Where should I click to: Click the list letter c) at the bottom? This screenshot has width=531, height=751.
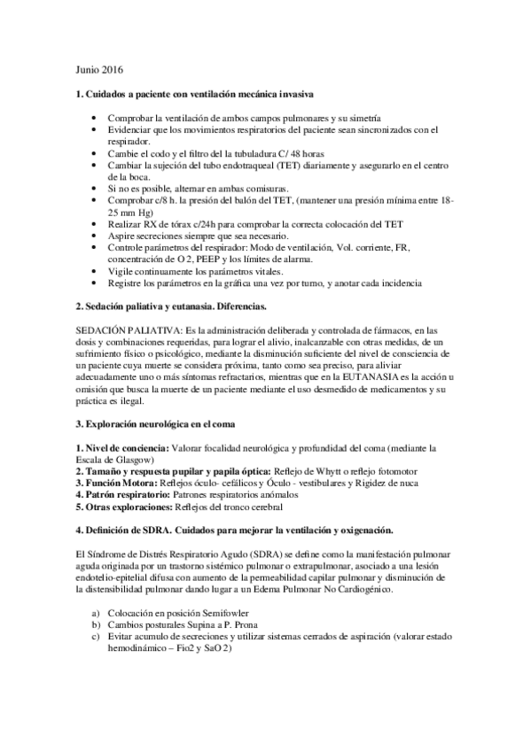coord(96,637)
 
